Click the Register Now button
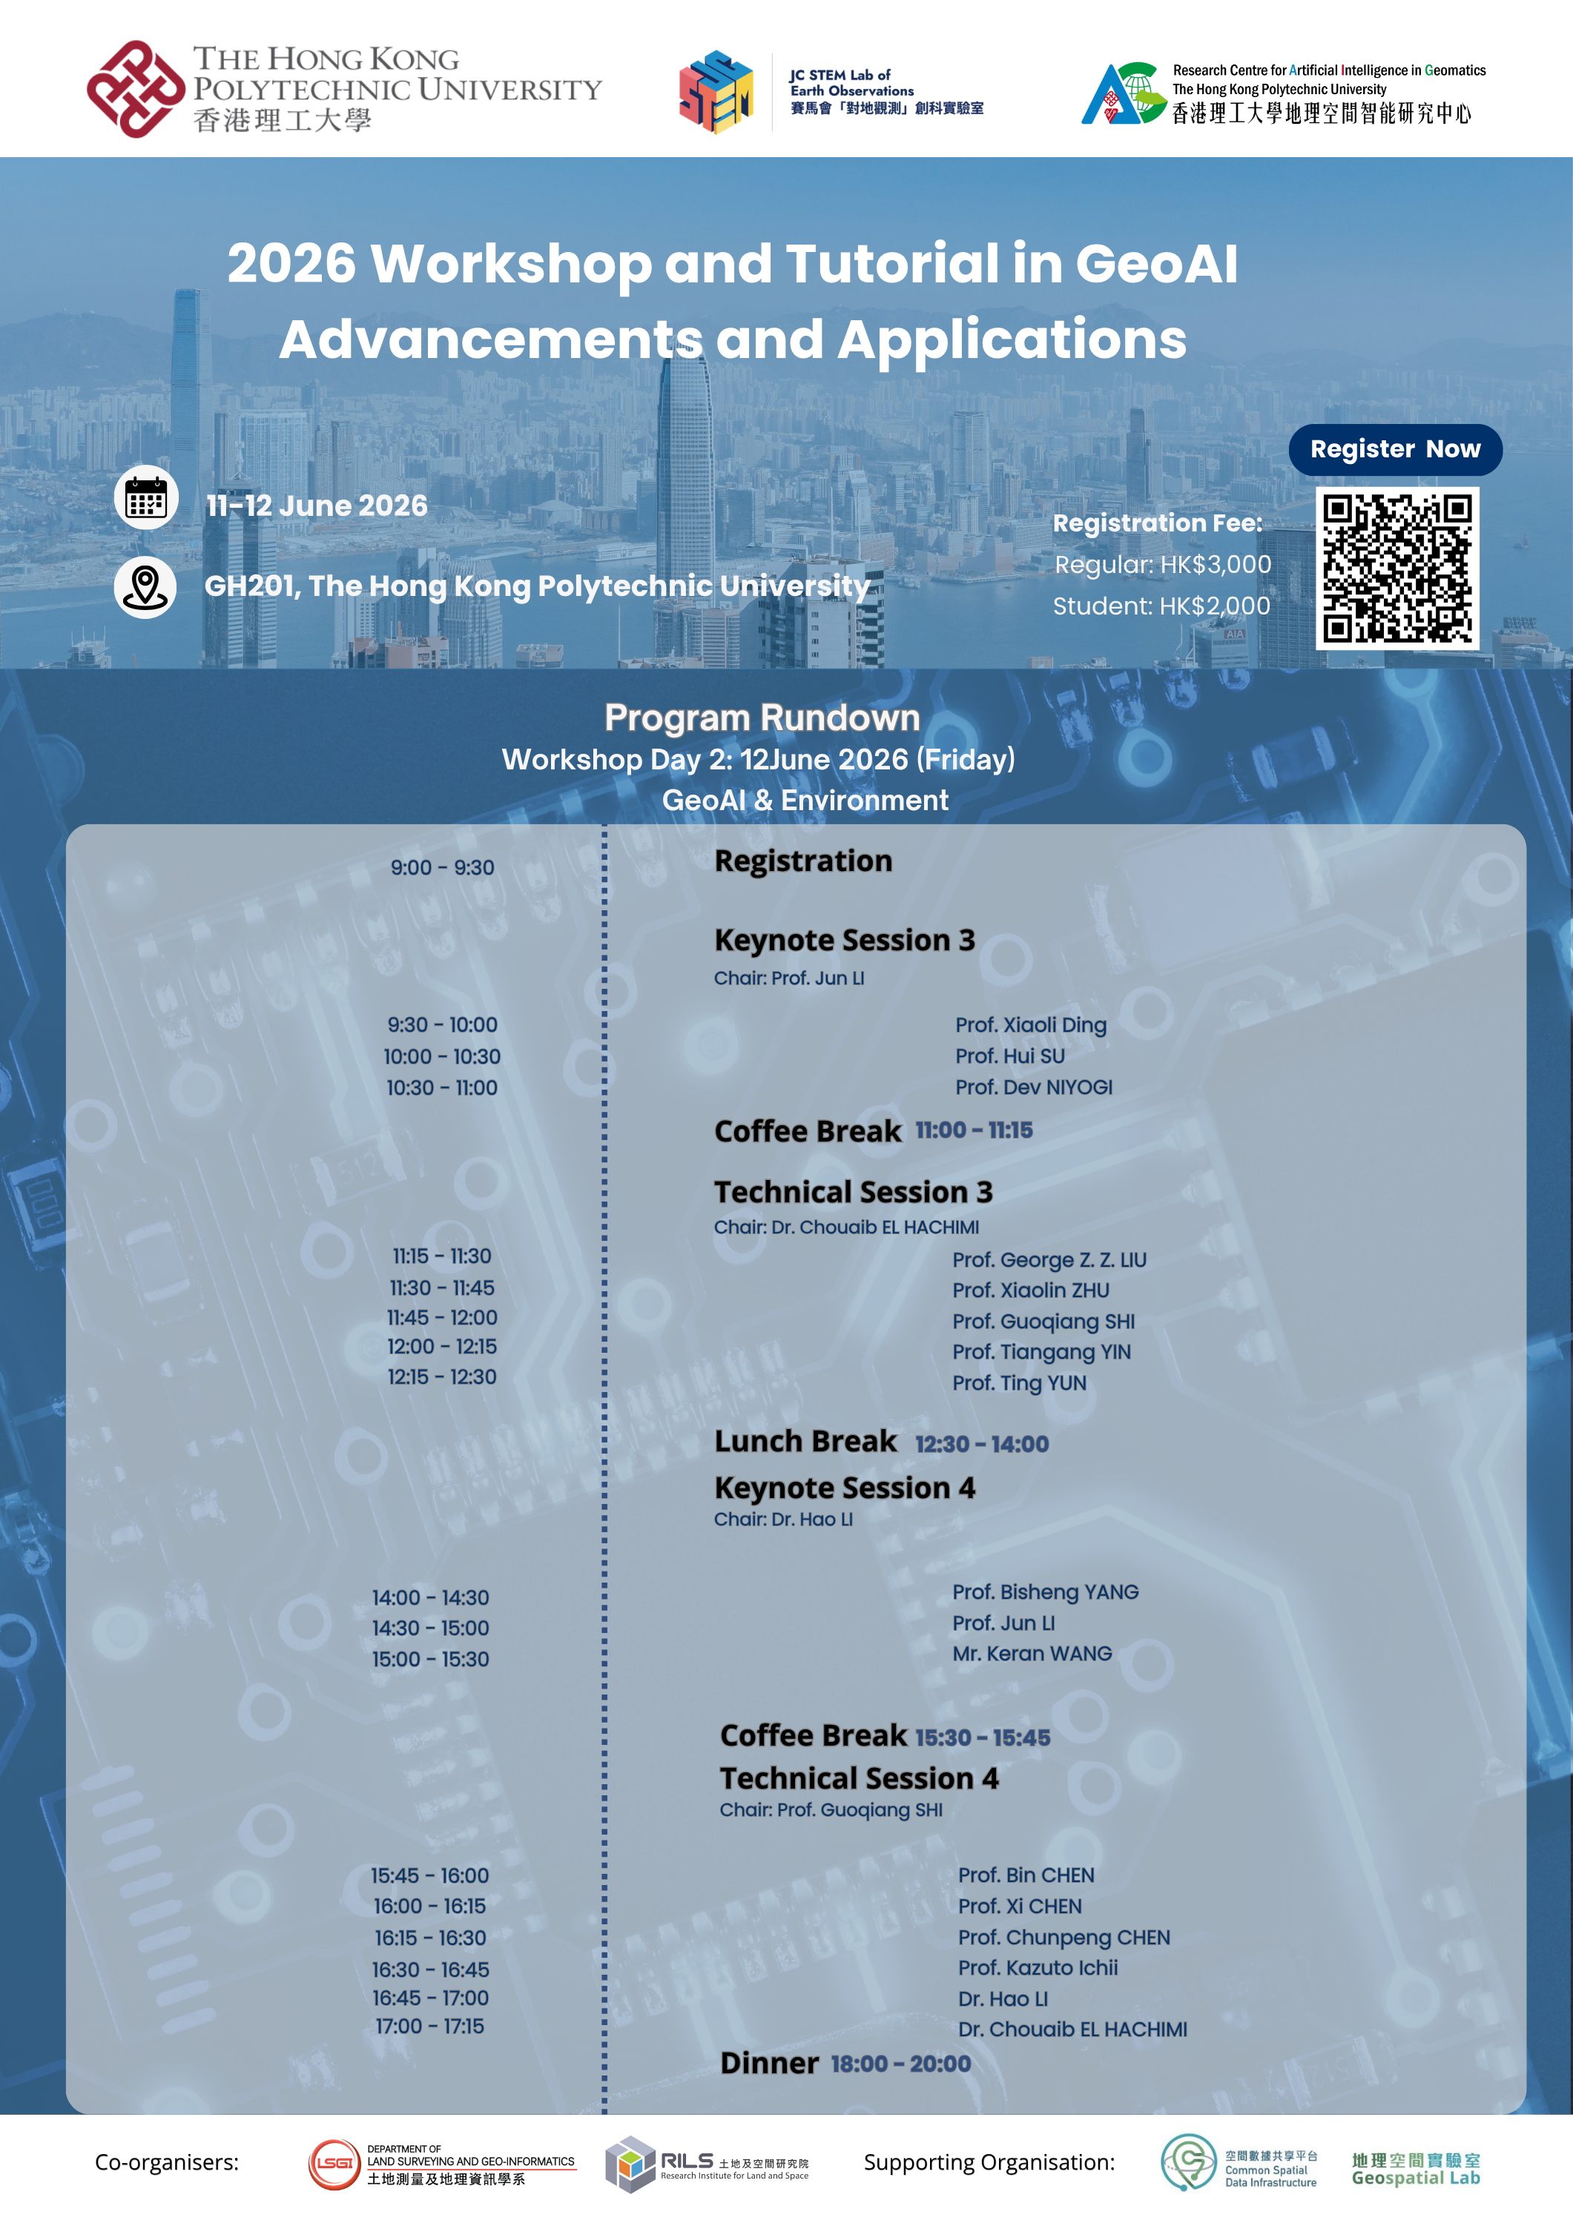click(x=1395, y=449)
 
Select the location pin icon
click(x=145, y=587)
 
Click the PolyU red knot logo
click(x=136, y=89)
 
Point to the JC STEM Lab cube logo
click(x=716, y=92)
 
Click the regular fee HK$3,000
click(x=1162, y=565)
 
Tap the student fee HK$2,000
click(x=1161, y=606)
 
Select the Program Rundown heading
click(x=762, y=718)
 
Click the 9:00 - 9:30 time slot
click(x=443, y=867)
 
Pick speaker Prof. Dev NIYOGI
click(x=1034, y=1087)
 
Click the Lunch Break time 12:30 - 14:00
click(x=981, y=1444)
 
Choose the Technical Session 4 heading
click(x=859, y=1778)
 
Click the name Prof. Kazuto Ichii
click(x=1038, y=1967)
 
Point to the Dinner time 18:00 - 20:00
click(x=901, y=2063)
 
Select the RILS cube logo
click(x=630, y=2164)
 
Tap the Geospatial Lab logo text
click(x=1416, y=2169)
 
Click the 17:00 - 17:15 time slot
click(x=430, y=2026)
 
